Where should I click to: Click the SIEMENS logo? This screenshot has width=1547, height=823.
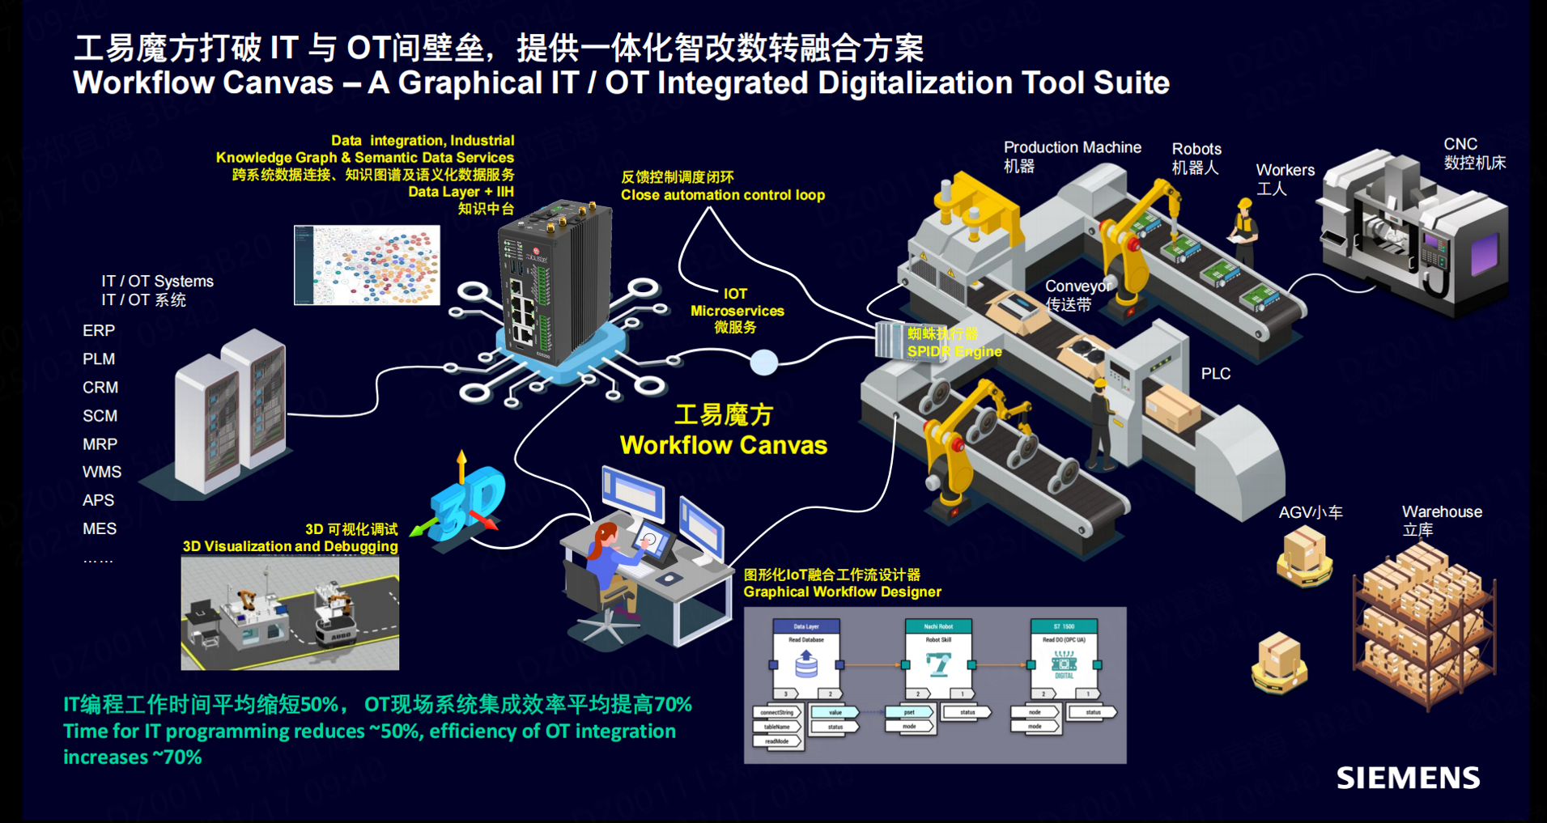1408,778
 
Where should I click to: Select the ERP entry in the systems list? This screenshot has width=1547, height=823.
99,330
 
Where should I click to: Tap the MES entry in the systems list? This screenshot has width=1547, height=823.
100,528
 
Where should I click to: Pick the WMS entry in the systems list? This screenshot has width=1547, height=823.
102,472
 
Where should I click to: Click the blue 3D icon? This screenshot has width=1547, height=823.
467,502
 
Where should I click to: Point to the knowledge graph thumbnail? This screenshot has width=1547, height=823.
367,265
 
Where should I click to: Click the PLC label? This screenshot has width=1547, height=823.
1215,373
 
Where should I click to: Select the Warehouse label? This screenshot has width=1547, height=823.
1442,511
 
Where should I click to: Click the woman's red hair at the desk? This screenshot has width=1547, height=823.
603,537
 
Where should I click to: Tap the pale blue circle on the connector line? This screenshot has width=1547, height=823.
763,363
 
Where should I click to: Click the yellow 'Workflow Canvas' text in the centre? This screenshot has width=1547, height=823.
723,445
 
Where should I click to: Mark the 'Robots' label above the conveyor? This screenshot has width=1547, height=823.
1196,149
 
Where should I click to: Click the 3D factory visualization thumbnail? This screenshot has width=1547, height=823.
290,613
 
